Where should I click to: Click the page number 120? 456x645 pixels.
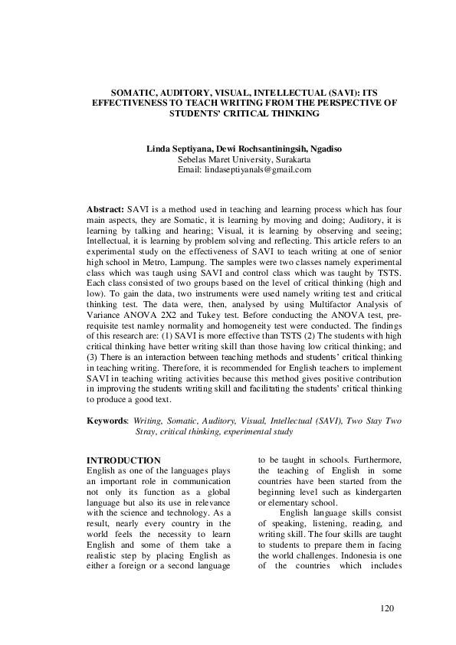pyautogui.click(x=387, y=608)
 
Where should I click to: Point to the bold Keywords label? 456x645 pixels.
pyautogui.click(x=107, y=421)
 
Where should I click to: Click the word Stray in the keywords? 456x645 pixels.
pyautogui.click(x=146, y=431)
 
